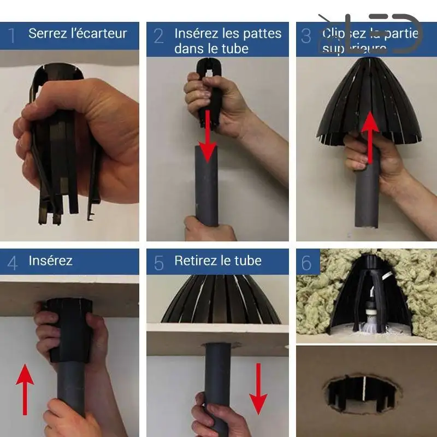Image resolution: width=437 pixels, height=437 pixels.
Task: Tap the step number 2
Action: click(x=158, y=36)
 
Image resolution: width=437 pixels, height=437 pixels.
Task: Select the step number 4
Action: click(x=12, y=263)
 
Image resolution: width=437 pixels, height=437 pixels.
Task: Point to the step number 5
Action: click(x=158, y=263)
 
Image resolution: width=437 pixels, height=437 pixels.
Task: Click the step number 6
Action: click(x=306, y=263)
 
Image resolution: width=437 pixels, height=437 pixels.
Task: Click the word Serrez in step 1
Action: click(x=47, y=33)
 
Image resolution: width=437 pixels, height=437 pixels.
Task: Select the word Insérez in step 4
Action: click(x=50, y=261)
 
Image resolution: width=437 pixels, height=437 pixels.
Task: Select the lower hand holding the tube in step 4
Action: click(x=68, y=418)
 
